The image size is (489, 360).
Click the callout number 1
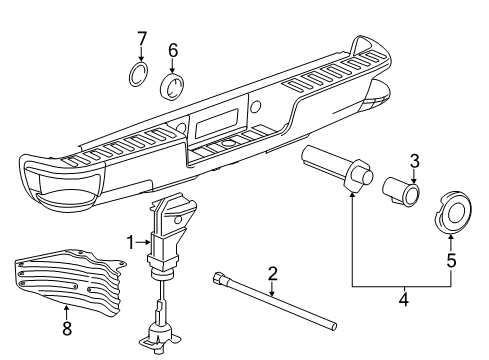(x=129, y=241)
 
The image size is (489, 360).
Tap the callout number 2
(x=271, y=273)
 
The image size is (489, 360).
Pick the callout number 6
(x=173, y=50)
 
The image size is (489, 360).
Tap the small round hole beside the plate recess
(x=256, y=106)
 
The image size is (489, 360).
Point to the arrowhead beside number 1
(x=146, y=241)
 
